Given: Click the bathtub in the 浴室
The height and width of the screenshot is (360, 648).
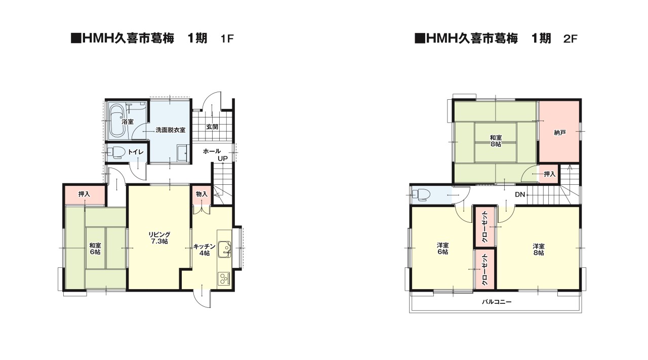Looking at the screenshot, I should tap(116, 121).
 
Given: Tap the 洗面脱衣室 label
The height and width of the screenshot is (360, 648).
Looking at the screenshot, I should tap(170, 130).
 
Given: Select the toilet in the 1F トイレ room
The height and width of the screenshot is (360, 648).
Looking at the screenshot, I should tap(117, 152).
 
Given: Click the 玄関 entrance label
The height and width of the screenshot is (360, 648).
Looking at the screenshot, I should tap(212, 127).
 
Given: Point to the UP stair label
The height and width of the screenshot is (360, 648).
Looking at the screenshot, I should tap(222, 159).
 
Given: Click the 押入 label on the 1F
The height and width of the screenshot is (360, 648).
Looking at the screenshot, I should tap(84, 194).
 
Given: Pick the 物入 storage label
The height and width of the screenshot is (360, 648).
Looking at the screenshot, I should tap(201, 194).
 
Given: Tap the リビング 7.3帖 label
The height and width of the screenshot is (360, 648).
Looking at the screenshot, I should tap(159, 238).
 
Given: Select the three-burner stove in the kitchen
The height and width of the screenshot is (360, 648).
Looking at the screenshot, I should tap(224, 278).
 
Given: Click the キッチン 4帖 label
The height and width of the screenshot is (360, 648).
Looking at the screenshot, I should tap(205, 250).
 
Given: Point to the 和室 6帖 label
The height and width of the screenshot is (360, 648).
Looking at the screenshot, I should tap(95, 248).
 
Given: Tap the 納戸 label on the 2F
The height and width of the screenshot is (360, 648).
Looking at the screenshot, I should tap(559, 133).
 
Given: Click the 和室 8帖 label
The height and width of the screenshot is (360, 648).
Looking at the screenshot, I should tap(496, 141).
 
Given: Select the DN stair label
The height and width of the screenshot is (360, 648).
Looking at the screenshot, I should tap(519, 195).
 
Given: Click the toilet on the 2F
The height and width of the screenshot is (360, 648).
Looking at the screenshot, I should tap(420, 194).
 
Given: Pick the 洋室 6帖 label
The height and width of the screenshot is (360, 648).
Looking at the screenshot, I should tap(442, 249).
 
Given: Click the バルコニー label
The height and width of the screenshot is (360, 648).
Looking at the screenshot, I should tap(497, 302).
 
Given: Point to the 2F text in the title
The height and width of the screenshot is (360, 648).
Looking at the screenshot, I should tap(570, 39).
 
